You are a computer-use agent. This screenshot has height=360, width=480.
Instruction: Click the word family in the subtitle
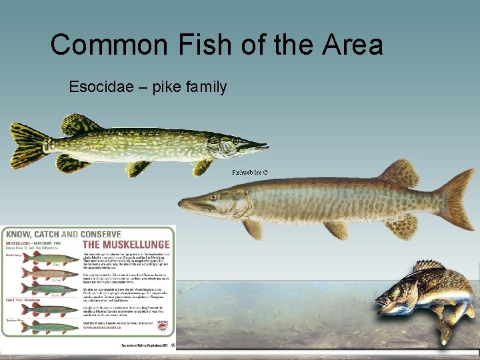[x=204, y=87]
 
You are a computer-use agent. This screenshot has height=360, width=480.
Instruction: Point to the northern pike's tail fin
[x=27, y=145]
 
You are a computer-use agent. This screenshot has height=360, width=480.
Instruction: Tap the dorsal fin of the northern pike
[x=80, y=125]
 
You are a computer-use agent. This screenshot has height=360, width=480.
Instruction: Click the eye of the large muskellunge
[x=213, y=197]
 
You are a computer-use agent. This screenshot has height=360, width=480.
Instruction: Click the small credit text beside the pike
[x=250, y=173]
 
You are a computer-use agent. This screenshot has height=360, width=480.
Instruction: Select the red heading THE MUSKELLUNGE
[x=127, y=245]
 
